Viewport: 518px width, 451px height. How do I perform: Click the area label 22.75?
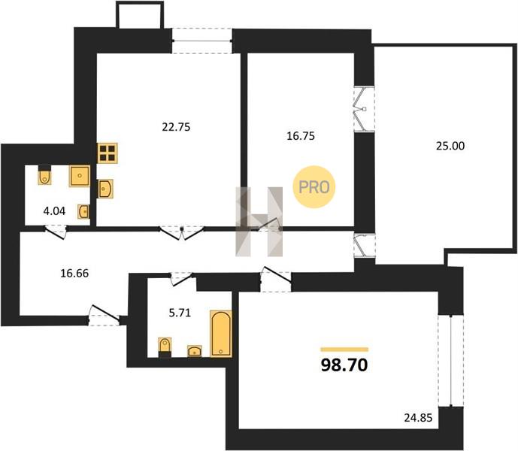176,127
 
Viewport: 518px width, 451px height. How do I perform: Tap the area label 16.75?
300,136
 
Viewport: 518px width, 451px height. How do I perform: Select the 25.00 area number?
450,146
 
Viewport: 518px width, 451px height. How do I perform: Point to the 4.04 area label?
54,210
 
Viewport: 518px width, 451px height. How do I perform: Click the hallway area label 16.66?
74,274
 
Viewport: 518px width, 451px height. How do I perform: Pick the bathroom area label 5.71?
180,313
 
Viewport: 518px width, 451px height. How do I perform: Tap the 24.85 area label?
418,418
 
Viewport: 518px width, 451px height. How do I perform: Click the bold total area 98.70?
344,365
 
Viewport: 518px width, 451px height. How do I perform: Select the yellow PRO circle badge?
314,187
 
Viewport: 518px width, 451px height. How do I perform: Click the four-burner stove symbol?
108,153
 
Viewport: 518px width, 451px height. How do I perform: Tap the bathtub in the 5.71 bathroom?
221,334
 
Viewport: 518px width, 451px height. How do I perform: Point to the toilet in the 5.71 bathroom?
165,347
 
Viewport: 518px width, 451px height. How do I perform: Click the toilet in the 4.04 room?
44,174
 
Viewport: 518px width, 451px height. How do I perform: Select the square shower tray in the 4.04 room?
79,176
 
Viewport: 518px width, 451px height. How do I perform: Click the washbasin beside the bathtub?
195,351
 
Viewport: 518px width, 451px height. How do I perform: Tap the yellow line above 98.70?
344,350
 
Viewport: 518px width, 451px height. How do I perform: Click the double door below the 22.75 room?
181,232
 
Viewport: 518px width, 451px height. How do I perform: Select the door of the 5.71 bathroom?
181,279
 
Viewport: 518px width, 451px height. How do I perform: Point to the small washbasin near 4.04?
83,211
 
